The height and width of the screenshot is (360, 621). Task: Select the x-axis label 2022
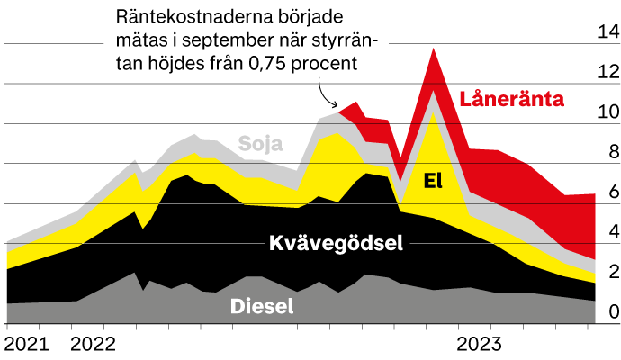[x=94, y=344]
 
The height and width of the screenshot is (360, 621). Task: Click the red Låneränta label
[x=512, y=99]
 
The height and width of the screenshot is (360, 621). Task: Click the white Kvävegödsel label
[x=335, y=242]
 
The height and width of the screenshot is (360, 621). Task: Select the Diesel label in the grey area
[x=263, y=306]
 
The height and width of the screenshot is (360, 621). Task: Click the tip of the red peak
[x=434, y=50]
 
